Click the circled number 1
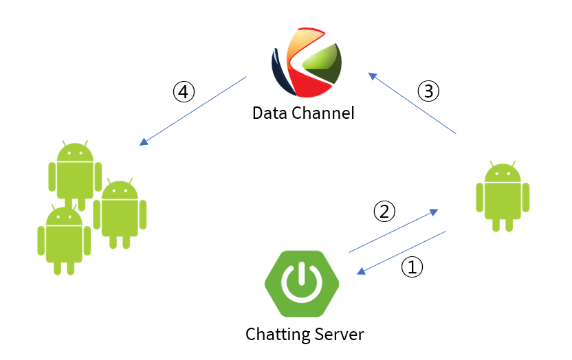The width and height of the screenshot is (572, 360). [x=412, y=268]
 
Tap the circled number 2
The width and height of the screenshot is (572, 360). [x=384, y=211]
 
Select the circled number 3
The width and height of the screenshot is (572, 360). [x=428, y=91]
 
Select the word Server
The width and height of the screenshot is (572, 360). [x=338, y=335]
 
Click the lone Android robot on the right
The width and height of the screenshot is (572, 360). [x=503, y=196]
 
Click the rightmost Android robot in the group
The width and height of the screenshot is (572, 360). [x=120, y=213]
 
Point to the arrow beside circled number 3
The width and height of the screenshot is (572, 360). [x=412, y=103]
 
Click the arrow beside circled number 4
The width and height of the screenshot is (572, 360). [x=193, y=111]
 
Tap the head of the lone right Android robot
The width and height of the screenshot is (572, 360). [x=503, y=173]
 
